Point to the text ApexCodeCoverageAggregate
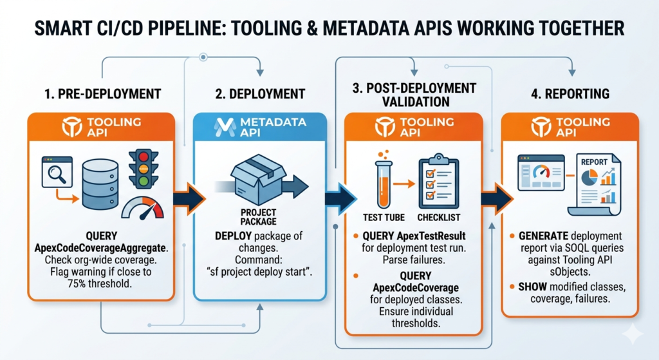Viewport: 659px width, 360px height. point(100,249)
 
